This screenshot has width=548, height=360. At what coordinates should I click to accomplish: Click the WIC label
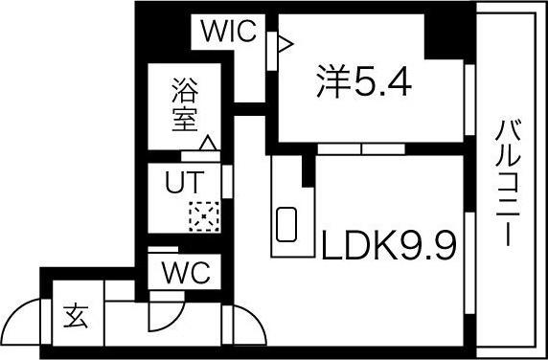[x=229, y=33]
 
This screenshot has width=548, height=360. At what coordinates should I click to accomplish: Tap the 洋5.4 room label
[x=364, y=83]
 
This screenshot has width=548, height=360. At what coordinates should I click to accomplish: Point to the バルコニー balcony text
[x=507, y=182]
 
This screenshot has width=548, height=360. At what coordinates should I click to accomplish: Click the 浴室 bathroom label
[x=184, y=106]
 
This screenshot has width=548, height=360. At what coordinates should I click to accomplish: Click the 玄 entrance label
[x=76, y=315]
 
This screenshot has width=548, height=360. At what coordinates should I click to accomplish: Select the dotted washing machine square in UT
[x=203, y=216]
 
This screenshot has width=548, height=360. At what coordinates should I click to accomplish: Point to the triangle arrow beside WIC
[x=284, y=41]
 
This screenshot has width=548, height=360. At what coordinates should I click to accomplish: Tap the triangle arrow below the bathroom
[x=206, y=145]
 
